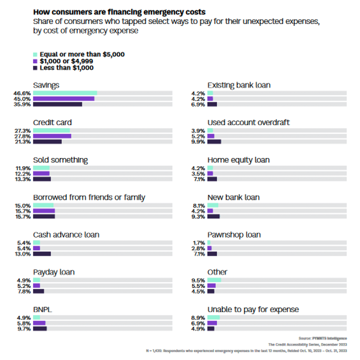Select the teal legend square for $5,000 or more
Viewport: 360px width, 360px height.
[x=35, y=54]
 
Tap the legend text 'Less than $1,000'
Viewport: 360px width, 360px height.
[x=66, y=68]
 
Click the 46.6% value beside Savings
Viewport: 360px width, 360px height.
[x=23, y=93]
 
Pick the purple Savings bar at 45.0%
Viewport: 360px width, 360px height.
[x=64, y=98]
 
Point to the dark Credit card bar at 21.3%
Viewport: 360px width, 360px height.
[x=47, y=142]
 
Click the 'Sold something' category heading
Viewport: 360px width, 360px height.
[x=61, y=160]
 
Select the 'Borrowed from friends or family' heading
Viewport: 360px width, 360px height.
[x=89, y=197]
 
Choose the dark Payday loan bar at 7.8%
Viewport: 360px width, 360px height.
[x=39, y=291]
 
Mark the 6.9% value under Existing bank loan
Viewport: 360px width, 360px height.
[x=198, y=104]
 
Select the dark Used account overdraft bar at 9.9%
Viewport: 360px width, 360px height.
[x=214, y=142]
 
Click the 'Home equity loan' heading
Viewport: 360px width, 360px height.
[x=238, y=160]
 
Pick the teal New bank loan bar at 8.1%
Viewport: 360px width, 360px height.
[x=213, y=205]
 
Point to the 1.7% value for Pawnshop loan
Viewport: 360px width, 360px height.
[x=198, y=243]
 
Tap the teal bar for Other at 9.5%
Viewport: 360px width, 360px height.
[x=214, y=280]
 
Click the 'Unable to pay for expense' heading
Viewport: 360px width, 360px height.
[x=253, y=309]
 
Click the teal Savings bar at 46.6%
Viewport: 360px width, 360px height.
[x=65, y=93]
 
